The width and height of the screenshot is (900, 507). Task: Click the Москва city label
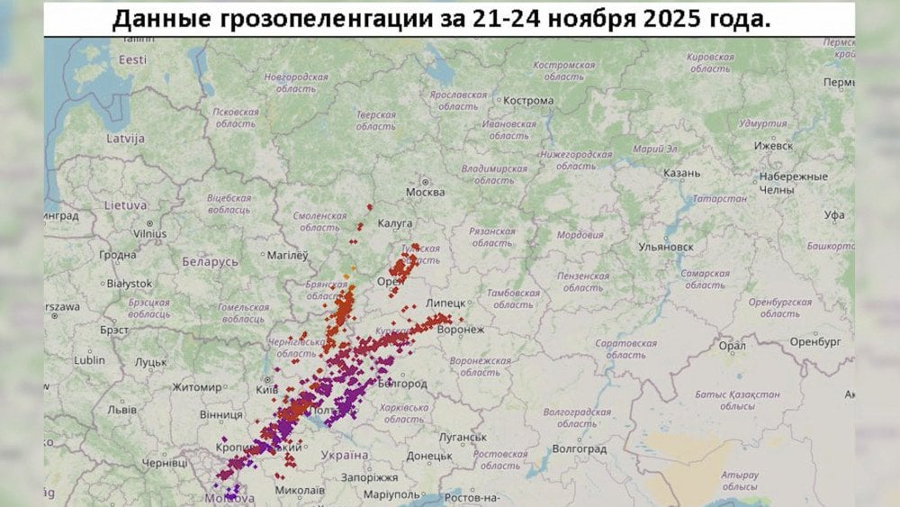(425, 192)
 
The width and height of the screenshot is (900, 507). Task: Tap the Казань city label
(680, 173)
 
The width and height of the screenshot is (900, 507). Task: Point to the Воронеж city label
(460, 330)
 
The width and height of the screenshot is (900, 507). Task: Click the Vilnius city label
(150, 233)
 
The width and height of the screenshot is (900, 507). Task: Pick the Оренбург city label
(814, 341)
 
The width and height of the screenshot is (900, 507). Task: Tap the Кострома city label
(528, 100)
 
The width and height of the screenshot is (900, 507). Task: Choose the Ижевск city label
(773, 145)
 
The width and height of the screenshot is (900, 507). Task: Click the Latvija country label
(125, 139)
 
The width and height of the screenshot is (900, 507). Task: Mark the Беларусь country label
(210, 261)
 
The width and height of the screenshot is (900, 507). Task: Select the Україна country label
(343, 456)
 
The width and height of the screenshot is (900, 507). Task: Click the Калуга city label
(395, 222)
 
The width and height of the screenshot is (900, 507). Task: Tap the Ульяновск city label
(665, 246)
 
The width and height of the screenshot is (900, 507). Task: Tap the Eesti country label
(132, 59)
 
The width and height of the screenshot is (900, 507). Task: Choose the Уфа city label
(834, 214)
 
